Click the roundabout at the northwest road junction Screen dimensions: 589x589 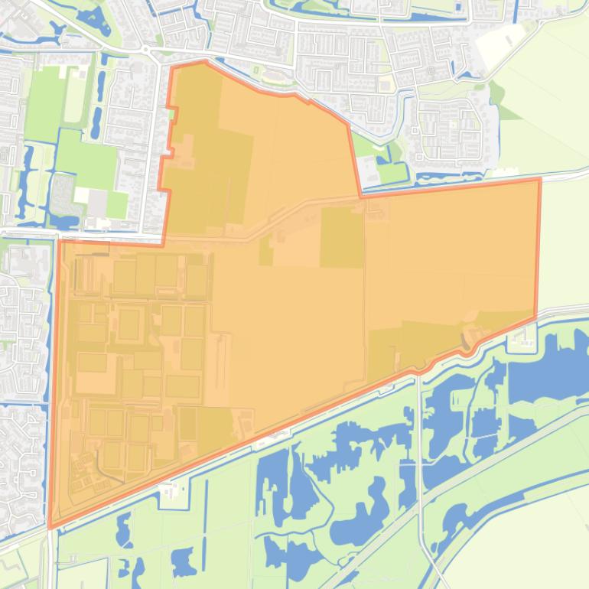(x=145, y=50)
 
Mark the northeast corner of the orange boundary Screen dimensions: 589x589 (x=540, y=179)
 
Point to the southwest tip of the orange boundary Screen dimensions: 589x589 (x=50, y=528)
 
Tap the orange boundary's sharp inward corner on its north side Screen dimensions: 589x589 (x=360, y=197)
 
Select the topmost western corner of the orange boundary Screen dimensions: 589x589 (x=171, y=67)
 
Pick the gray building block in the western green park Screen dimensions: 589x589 (x=98, y=203)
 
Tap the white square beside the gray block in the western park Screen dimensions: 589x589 (x=81, y=195)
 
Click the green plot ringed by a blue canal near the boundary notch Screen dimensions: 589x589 (x=391, y=172)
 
